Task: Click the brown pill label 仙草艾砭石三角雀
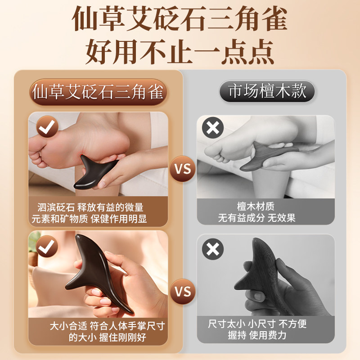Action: (99, 92)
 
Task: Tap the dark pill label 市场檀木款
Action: (267, 92)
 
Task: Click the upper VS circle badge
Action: (183, 170)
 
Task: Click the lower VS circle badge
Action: (183, 291)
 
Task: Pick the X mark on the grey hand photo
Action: (213, 249)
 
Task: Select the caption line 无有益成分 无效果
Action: (257, 218)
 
